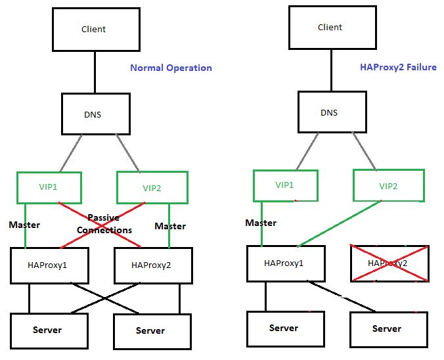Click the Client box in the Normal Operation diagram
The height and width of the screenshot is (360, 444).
pos(95,29)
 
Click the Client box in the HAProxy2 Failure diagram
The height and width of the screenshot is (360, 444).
pos(330,27)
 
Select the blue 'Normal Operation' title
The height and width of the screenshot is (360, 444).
pos(171,68)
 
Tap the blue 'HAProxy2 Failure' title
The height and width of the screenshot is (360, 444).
pos(398,67)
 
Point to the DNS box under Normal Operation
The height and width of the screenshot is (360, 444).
pos(93,114)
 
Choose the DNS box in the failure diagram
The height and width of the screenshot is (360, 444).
pos(329,112)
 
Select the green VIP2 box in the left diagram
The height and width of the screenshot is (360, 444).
pos(152,188)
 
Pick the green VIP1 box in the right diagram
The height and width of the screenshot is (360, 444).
pos(285,186)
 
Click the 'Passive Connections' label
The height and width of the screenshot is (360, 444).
pos(104,223)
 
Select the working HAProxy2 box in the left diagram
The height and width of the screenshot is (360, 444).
pos(152,266)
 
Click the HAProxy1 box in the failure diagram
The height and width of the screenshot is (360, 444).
pos(284,263)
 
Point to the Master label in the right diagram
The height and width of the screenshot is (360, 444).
pos(261,223)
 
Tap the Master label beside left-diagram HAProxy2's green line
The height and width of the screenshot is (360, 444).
pos(170,226)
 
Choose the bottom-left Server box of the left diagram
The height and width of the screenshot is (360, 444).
pos(48,330)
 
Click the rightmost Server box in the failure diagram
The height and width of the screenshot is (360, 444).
pos(388,328)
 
